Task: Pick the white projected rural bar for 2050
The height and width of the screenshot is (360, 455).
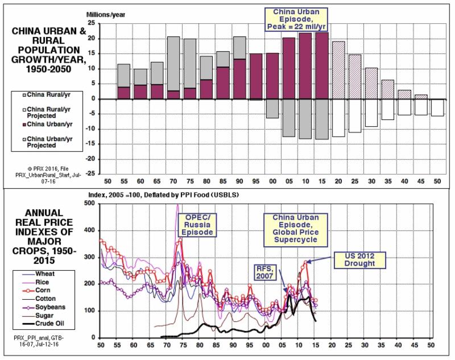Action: (x=437, y=107)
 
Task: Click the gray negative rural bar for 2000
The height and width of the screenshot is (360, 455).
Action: (x=273, y=109)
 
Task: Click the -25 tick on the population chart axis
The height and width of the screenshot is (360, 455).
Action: (x=90, y=174)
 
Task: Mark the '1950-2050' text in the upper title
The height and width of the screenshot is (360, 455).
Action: (x=49, y=72)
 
